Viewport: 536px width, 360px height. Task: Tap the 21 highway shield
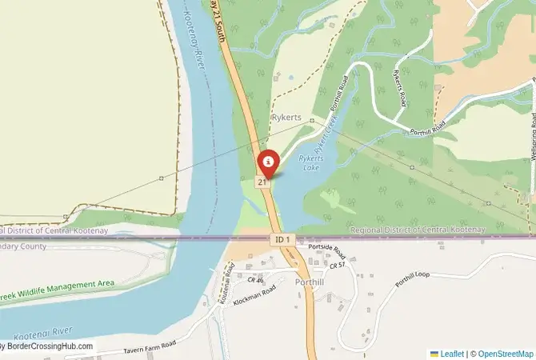pyautogui.click(x=261, y=182)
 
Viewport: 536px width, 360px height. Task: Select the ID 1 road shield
pyautogui.click(x=281, y=239)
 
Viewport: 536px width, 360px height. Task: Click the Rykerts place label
pyautogui.click(x=286, y=118)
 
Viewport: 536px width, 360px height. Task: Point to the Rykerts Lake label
pyautogui.click(x=310, y=163)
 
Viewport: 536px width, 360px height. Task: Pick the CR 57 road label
pyautogui.click(x=336, y=265)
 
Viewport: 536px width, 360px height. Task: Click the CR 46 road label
pyautogui.click(x=255, y=280)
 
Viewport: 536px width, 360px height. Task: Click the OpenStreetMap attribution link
pyautogui.click(x=503, y=353)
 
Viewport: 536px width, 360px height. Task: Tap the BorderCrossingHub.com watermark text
pyautogui.click(x=48, y=347)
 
